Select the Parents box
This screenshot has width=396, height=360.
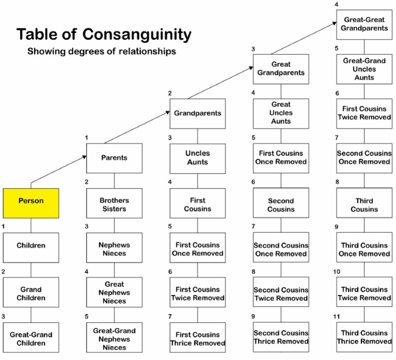[x=114, y=158]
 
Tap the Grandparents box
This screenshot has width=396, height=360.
[x=197, y=113]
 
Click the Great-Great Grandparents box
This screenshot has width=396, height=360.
[x=364, y=24]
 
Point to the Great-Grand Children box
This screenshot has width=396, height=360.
[x=30, y=337]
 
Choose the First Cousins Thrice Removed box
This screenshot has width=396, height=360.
[x=197, y=337]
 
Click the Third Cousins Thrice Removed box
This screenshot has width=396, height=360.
[x=364, y=337]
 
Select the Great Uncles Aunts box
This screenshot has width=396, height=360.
[x=280, y=113]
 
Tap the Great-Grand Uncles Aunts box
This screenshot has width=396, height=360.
[x=364, y=69]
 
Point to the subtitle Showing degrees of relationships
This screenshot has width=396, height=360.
[x=101, y=52]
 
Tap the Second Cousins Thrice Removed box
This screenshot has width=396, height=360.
[x=280, y=337]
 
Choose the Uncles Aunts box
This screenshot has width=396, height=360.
[x=197, y=158]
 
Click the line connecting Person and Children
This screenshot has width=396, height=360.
[x=30, y=225]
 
